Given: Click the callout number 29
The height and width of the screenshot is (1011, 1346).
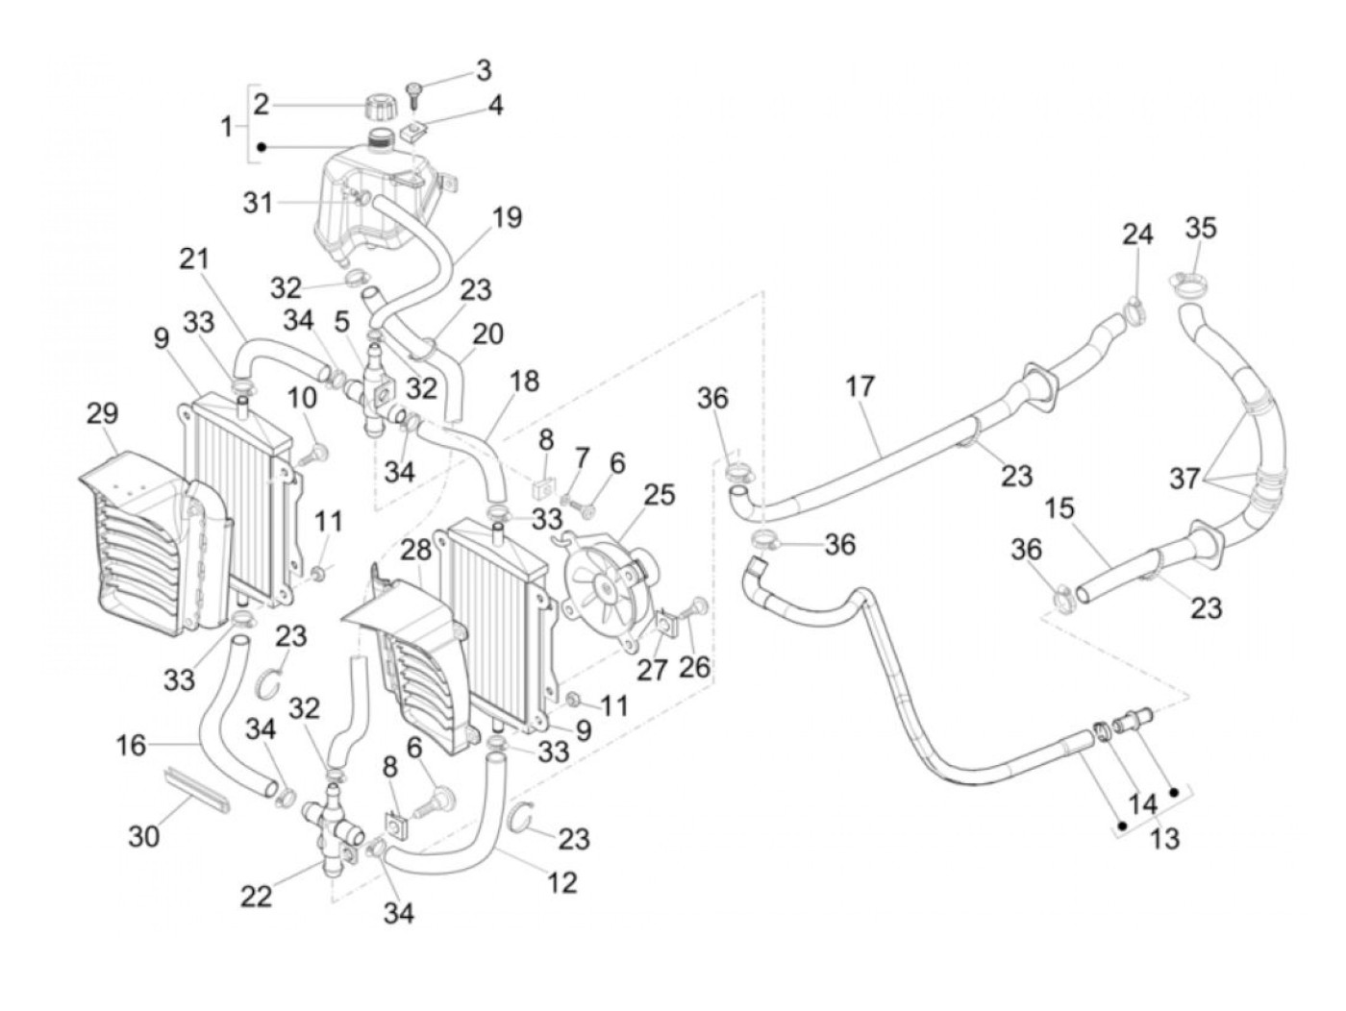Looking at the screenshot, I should (102, 414).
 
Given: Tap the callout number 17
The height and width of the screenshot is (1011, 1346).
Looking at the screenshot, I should (860, 386).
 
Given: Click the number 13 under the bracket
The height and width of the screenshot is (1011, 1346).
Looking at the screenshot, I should (1163, 839).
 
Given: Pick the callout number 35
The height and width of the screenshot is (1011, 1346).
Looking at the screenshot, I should (1201, 228).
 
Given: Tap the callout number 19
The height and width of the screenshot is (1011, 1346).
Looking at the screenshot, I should (507, 217).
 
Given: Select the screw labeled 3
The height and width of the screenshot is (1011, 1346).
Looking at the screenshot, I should (416, 93).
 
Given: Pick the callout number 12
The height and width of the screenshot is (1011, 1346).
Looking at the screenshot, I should (562, 880).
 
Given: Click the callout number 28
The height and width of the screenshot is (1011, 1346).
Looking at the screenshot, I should (416, 551).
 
